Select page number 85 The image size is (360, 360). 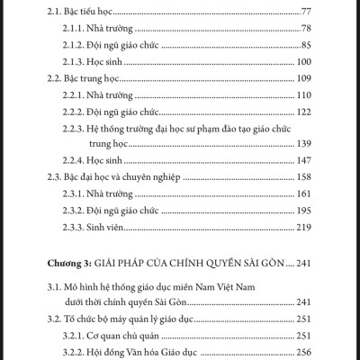(305, 43)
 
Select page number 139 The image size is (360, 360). (303, 143)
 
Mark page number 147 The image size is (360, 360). (303, 159)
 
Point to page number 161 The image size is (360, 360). (303, 193)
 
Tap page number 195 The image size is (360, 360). (303, 210)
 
